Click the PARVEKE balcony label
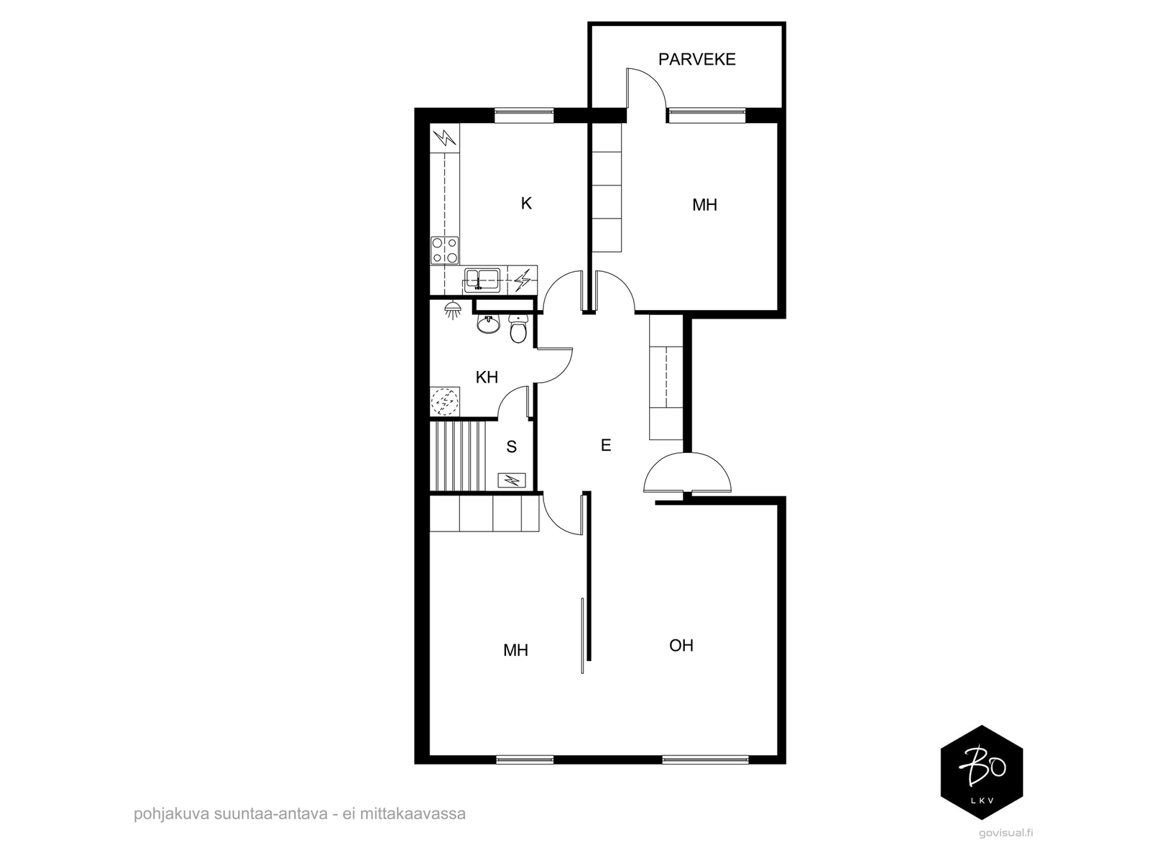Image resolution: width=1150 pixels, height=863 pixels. pyautogui.click(x=696, y=60)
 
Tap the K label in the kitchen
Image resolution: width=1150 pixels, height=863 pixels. pyautogui.click(x=526, y=204)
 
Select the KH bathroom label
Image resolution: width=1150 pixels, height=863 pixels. pyautogui.click(x=486, y=377)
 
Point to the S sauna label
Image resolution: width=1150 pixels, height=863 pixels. pyautogui.click(x=511, y=447)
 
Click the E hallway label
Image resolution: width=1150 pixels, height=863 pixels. pyautogui.click(x=606, y=445)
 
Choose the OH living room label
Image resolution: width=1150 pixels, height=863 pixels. pyautogui.click(x=681, y=645)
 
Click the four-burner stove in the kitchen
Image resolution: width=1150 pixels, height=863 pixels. pyautogui.click(x=444, y=250)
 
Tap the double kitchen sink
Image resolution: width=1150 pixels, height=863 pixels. pyautogui.click(x=482, y=279)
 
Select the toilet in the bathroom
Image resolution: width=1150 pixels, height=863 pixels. pyautogui.click(x=517, y=328)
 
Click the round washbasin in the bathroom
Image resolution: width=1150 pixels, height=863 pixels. pyautogui.click(x=488, y=324)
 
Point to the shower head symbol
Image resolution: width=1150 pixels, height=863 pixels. pyautogui.click(x=451, y=310)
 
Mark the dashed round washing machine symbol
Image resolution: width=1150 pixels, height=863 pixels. pyautogui.click(x=444, y=401)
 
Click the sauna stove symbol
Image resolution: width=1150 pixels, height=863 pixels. pyautogui.click(x=511, y=480)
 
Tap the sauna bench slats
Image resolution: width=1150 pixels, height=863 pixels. pyautogui.click(x=458, y=456)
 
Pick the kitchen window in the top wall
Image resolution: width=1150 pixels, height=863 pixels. pyautogui.click(x=524, y=115)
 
